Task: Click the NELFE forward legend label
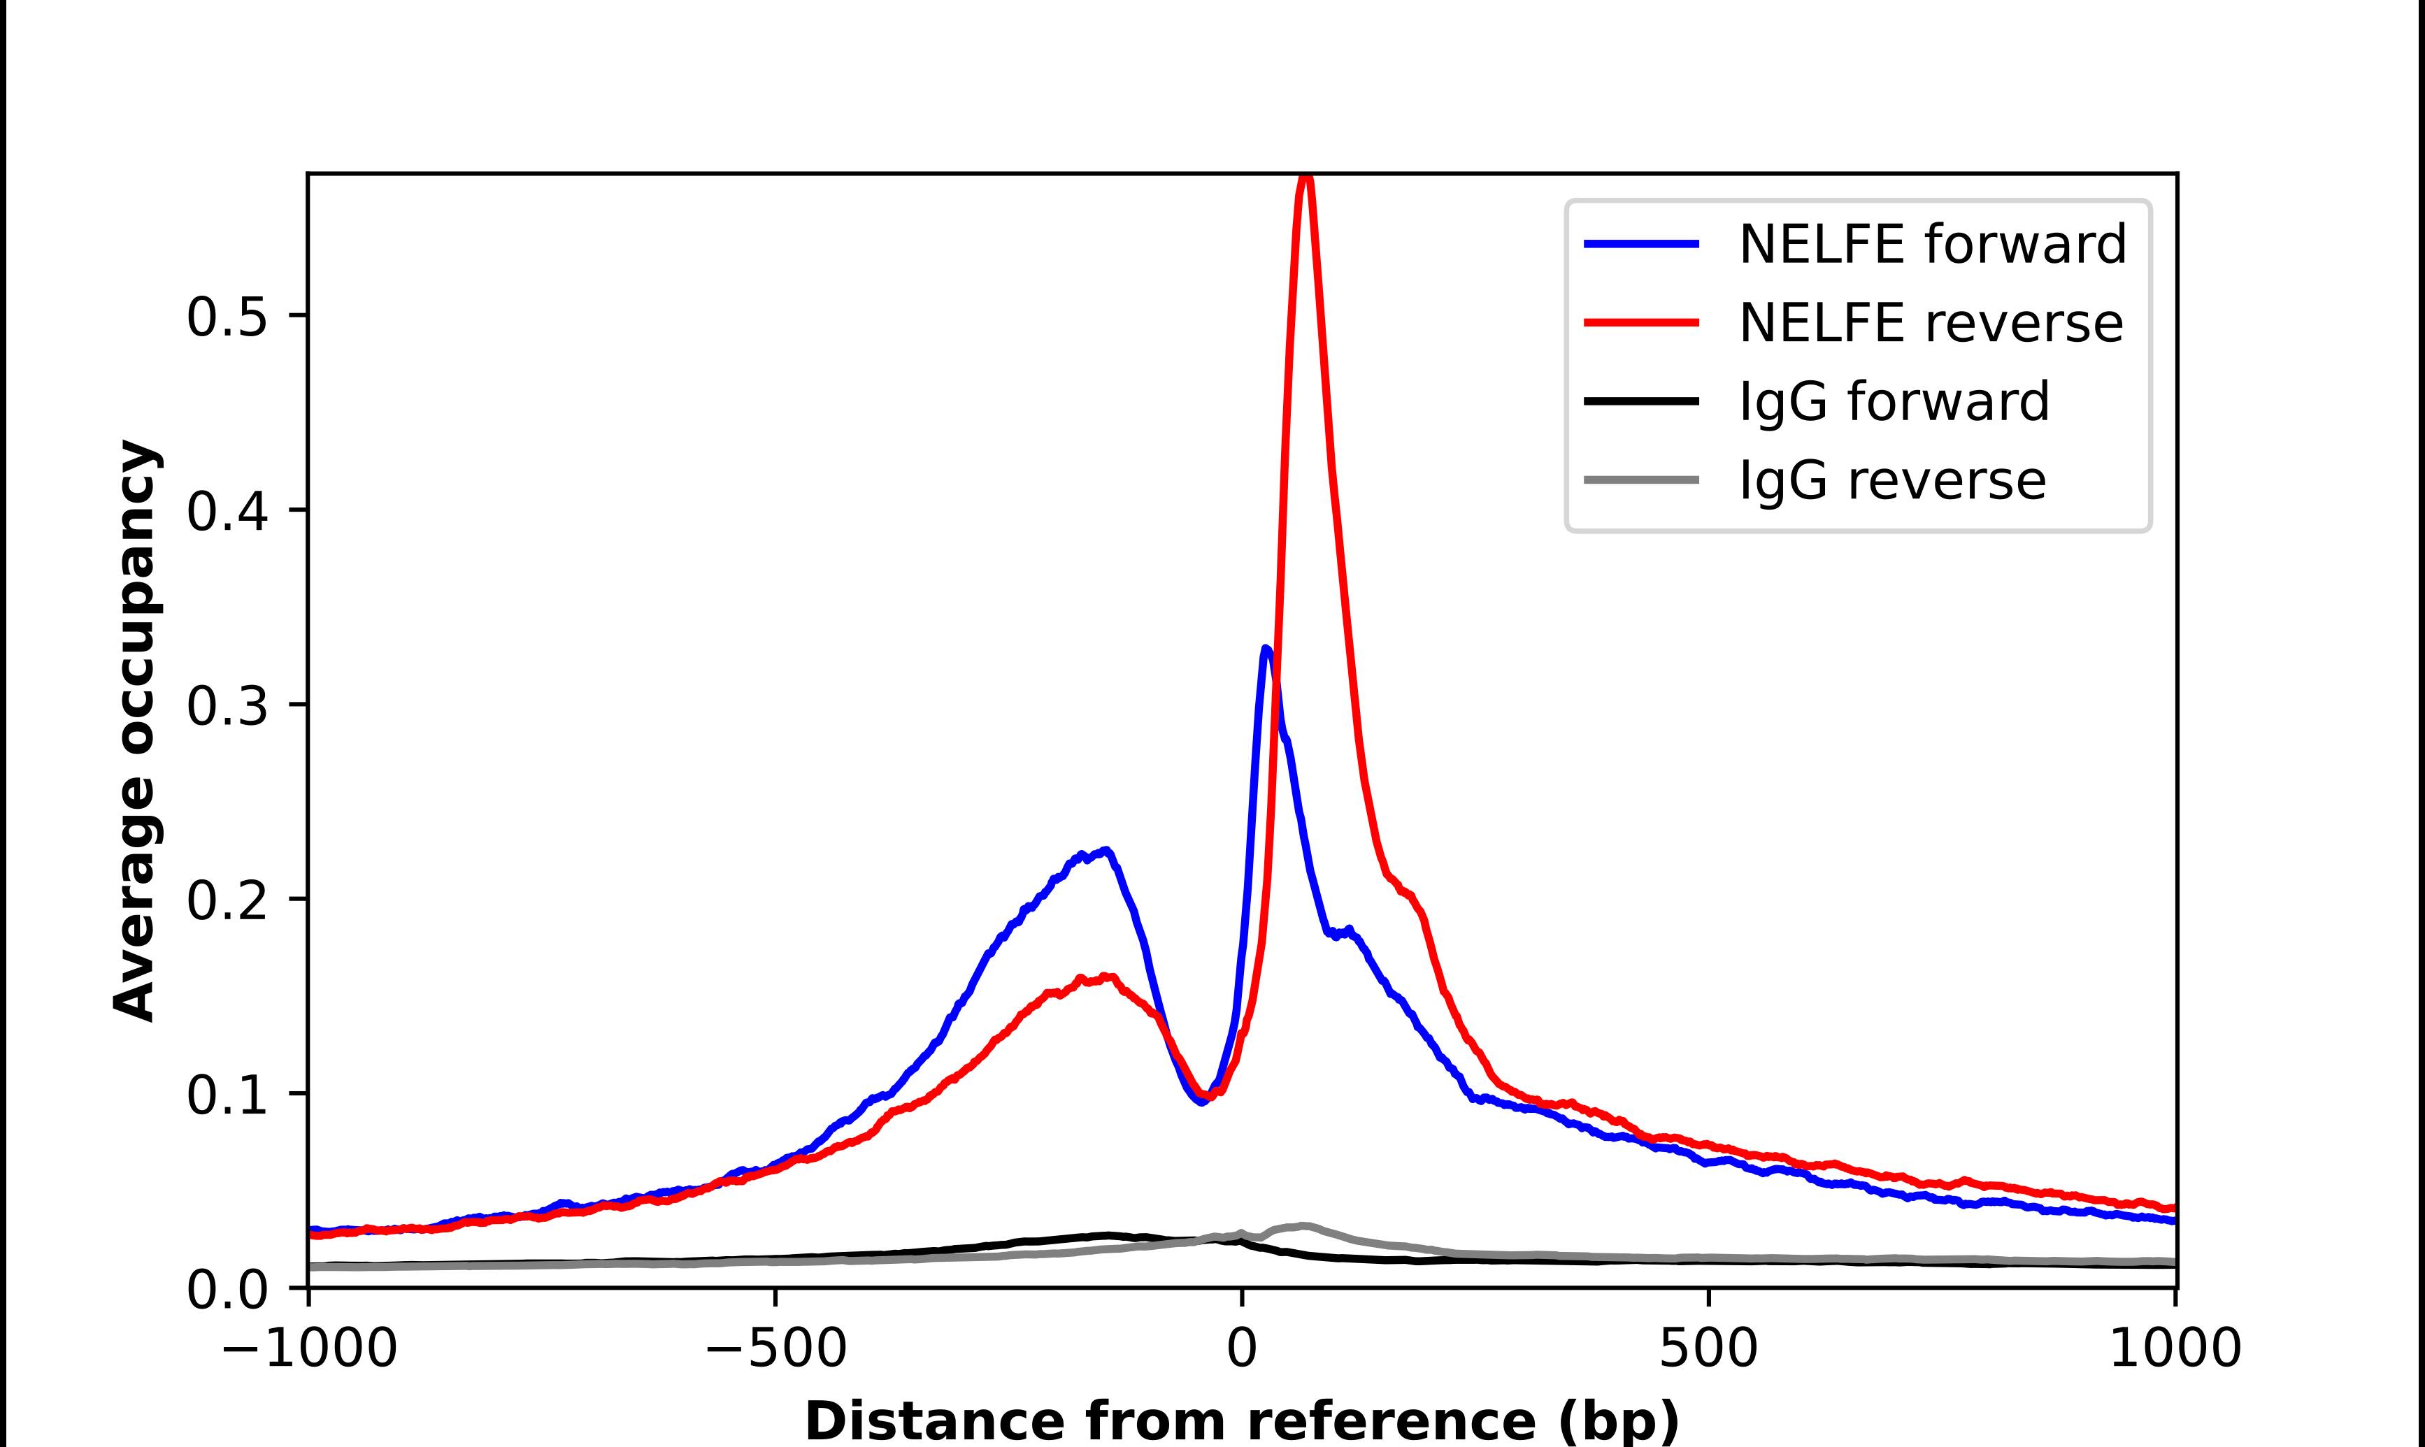pos(1931,244)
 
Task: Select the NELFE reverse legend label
pos(1931,323)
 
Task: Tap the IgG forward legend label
pos(1894,402)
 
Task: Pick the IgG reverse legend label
pos(1891,481)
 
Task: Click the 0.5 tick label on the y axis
pos(227,318)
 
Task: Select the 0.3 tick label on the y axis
pos(227,707)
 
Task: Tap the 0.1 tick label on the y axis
pos(227,1096)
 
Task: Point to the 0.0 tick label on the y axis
pos(227,1291)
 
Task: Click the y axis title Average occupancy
pos(134,731)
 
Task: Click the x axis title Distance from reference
pos(1241,1420)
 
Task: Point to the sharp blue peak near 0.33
pos(1266,649)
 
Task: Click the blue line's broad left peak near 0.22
pos(1105,851)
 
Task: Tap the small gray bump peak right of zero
pos(1303,1225)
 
